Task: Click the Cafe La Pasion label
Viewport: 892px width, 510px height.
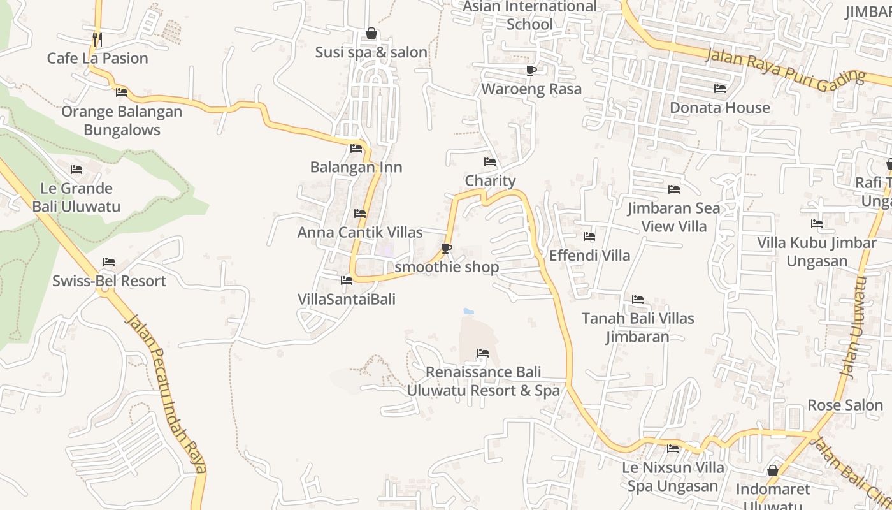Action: pyautogui.click(x=97, y=58)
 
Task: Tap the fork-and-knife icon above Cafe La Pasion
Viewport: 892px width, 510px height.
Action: pyautogui.click(x=97, y=39)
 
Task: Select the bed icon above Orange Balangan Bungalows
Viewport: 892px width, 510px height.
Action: pyautogui.click(x=122, y=92)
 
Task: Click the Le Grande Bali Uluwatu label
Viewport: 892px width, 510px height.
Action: pyautogui.click(x=76, y=197)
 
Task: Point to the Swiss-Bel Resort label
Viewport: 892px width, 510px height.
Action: pyautogui.click(x=109, y=281)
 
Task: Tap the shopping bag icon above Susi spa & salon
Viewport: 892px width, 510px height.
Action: pyautogui.click(x=371, y=33)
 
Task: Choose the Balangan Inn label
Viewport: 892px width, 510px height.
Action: pyautogui.click(x=356, y=167)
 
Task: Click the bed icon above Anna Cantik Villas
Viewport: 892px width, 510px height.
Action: pyautogui.click(x=360, y=214)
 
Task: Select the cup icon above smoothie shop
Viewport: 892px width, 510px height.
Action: pyautogui.click(x=447, y=248)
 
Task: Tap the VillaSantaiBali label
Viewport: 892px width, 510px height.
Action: pyautogui.click(x=347, y=299)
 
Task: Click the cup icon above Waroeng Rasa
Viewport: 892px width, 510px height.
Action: pyautogui.click(x=531, y=70)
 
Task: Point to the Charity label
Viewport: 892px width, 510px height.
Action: pyautogui.click(x=490, y=180)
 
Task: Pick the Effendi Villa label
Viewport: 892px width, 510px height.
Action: pyautogui.click(x=589, y=256)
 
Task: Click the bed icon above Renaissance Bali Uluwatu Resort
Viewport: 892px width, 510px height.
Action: pyautogui.click(x=483, y=353)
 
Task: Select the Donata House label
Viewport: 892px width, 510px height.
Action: pyautogui.click(x=720, y=108)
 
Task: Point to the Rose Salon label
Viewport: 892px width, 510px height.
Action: pyautogui.click(x=845, y=405)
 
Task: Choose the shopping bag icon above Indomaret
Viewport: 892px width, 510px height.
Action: pyautogui.click(x=773, y=470)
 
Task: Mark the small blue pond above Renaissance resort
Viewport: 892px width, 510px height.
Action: pyautogui.click(x=468, y=312)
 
